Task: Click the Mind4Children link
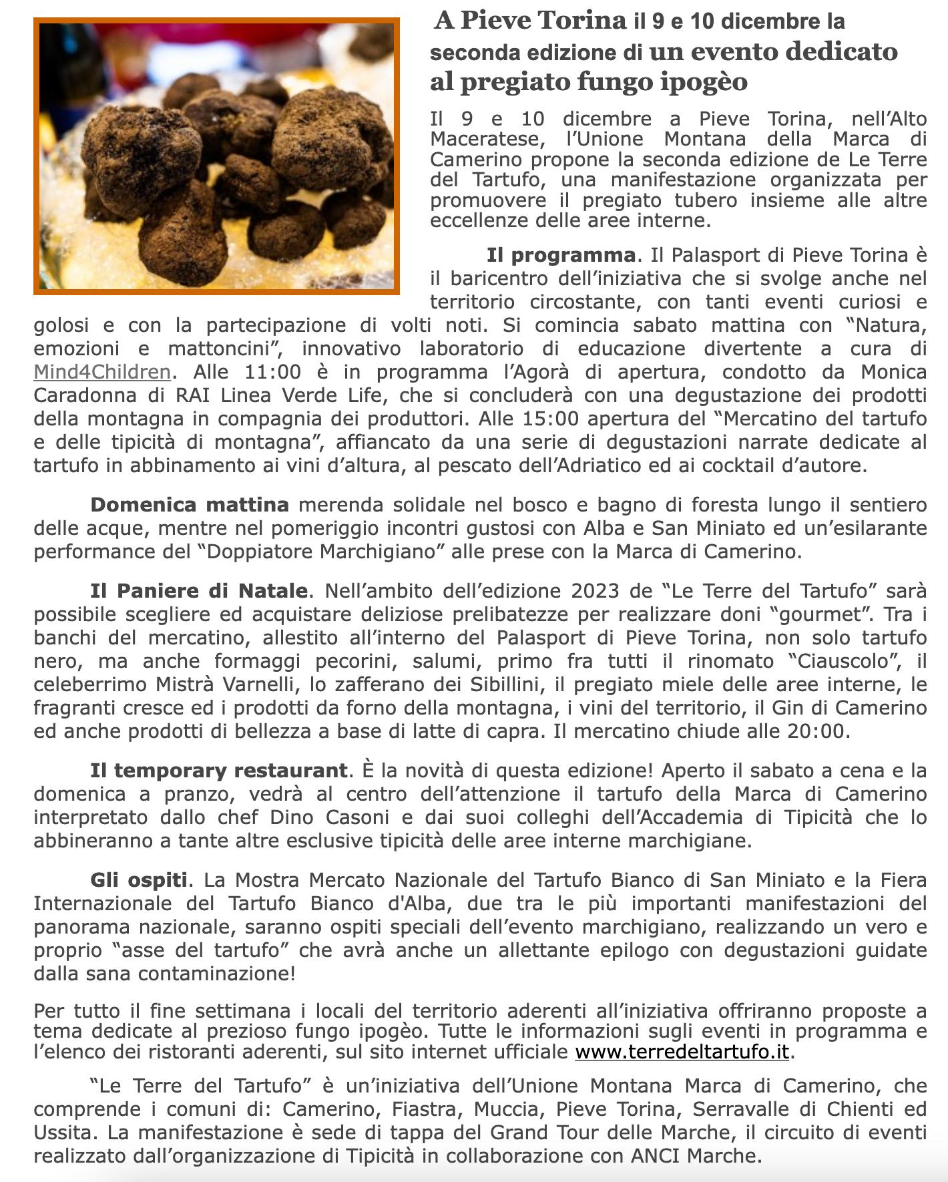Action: (102, 372)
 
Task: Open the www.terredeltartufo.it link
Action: (682, 1052)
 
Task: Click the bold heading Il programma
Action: (561, 255)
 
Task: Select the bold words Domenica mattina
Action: (190, 505)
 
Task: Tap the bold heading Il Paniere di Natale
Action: (199, 591)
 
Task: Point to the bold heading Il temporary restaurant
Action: (218, 771)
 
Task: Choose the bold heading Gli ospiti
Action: (138, 880)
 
